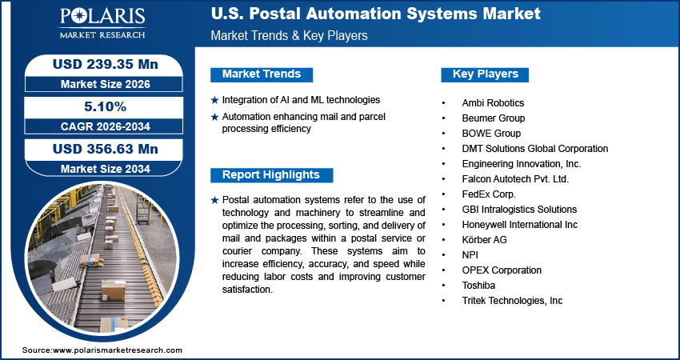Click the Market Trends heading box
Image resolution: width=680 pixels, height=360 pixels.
coord(262,74)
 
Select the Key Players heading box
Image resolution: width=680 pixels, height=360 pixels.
coord(486,74)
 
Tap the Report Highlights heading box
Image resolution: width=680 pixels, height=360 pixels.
coord(271,175)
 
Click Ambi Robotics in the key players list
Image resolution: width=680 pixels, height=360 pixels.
coord(493,103)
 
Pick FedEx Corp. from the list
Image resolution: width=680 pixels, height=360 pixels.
coord(489,194)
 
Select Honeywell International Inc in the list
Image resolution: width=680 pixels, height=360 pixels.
coord(519,225)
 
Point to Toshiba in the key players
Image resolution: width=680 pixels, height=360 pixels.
coord(479,286)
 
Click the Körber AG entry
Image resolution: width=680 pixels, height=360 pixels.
coord(484,240)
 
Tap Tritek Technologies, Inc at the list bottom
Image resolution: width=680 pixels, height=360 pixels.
coord(512,301)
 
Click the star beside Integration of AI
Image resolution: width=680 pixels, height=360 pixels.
coord(214,101)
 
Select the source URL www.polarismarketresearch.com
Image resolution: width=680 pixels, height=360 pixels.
coord(118,350)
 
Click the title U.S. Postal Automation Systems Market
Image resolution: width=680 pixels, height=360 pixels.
coord(375,14)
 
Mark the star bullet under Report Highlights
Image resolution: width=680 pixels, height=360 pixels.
coord(214,200)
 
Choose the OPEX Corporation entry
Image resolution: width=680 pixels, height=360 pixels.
coord(502,270)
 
